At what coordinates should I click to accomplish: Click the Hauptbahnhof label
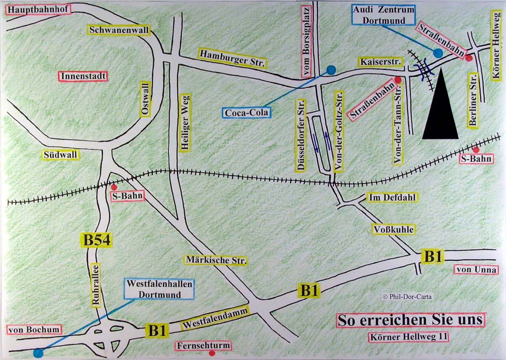click(38, 9)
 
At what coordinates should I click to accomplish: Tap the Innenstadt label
click(83, 76)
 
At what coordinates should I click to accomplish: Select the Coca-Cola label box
click(247, 112)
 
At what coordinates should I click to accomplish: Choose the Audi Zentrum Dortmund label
click(383, 15)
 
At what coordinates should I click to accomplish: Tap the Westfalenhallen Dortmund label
click(159, 289)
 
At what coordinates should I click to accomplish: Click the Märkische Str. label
click(216, 260)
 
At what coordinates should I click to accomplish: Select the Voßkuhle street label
click(394, 229)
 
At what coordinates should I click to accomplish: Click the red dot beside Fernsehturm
click(212, 353)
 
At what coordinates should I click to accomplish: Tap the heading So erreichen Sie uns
click(410, 321)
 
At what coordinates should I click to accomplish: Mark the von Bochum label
click(34, 330)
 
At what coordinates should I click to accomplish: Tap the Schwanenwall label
click(119, 30)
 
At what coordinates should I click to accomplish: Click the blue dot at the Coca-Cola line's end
click(331, 70)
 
